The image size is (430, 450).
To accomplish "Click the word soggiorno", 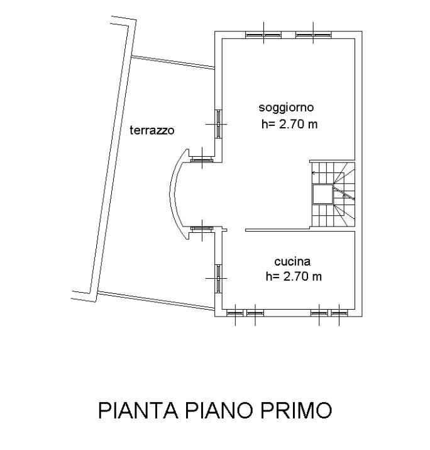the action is (x=286, y=108).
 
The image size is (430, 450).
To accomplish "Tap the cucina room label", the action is (x=292, y=261).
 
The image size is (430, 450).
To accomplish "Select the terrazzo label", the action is (x=152, y=130).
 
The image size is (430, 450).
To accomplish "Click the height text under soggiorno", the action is (x=289, y=124).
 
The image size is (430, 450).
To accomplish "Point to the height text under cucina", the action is (x=294, y=276).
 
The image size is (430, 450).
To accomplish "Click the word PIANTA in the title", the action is (x=138, y=410).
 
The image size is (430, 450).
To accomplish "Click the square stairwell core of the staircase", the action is (x=322, y=194).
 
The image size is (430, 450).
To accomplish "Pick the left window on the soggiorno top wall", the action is (x=263, y=35).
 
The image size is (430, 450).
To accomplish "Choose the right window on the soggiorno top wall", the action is (x=313, y=35).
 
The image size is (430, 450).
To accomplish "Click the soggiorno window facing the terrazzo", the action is (x=219, y=124).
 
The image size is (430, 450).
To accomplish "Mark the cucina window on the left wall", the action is (x=219, y=278).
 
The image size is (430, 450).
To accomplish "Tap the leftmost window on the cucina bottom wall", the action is (x=235, y=313).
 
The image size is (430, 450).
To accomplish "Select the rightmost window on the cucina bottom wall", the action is (x=339, y=313).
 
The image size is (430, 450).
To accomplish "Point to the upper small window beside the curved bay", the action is (x=202, y=160).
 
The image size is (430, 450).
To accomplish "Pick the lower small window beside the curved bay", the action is (x=202, y=228).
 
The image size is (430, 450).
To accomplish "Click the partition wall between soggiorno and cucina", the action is (x=278, y=230).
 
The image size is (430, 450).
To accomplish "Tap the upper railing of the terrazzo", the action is (x=173, y=62).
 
